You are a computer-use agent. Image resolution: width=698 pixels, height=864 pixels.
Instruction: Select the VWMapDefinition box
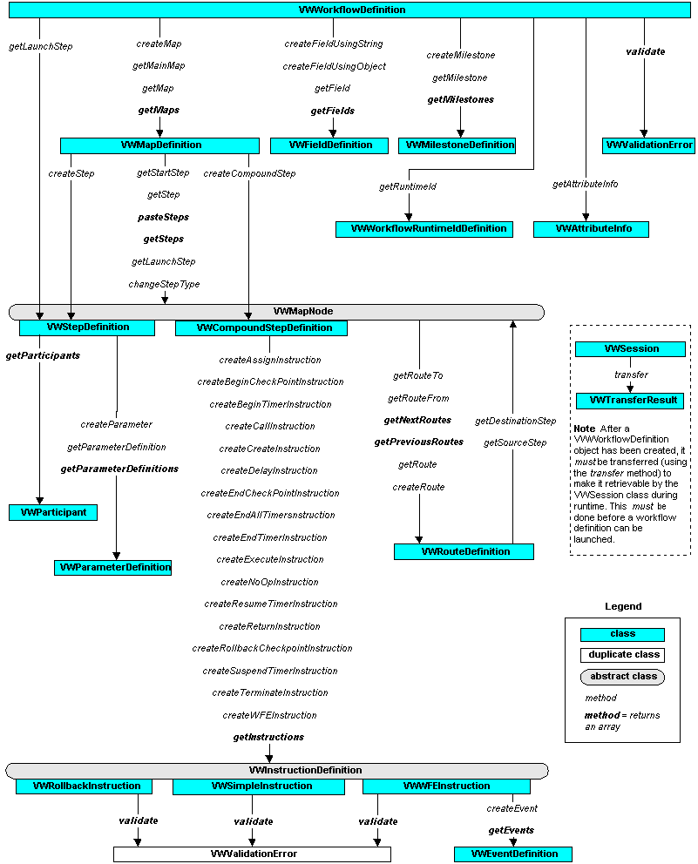[159, 145]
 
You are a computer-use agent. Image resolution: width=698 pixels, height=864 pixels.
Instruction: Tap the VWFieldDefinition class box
[329, 145]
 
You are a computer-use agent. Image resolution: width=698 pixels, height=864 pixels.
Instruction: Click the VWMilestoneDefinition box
[457, 145]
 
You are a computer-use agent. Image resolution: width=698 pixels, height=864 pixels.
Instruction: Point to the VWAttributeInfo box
[591, 229]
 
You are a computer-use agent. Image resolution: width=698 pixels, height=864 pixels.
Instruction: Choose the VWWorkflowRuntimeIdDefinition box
[424, 229]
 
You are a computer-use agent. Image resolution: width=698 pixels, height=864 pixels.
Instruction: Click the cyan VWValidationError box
[648, 145]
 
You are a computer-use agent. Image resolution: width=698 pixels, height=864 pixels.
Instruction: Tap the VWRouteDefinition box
[464, 551]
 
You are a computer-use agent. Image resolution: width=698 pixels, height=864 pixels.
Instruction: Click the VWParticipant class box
[53, 512]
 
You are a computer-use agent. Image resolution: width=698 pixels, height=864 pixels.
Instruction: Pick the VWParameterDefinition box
[113, 567]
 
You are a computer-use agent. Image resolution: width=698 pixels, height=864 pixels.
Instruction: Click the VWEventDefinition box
[513, 854]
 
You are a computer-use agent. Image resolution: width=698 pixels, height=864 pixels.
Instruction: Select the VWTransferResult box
[630, 401]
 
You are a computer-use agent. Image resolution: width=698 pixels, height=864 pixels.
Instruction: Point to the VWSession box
[630, 348]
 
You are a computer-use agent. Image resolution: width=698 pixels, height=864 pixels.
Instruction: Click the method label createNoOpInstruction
[270, 582]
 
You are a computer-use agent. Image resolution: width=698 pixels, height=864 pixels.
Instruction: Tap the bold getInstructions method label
[268, 737]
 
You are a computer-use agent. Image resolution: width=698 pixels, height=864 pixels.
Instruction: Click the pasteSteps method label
[163, 217]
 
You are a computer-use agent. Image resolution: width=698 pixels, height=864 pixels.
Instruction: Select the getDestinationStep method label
[515, 422]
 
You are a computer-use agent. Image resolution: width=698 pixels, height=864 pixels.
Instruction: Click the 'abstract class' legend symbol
[622, 677]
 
